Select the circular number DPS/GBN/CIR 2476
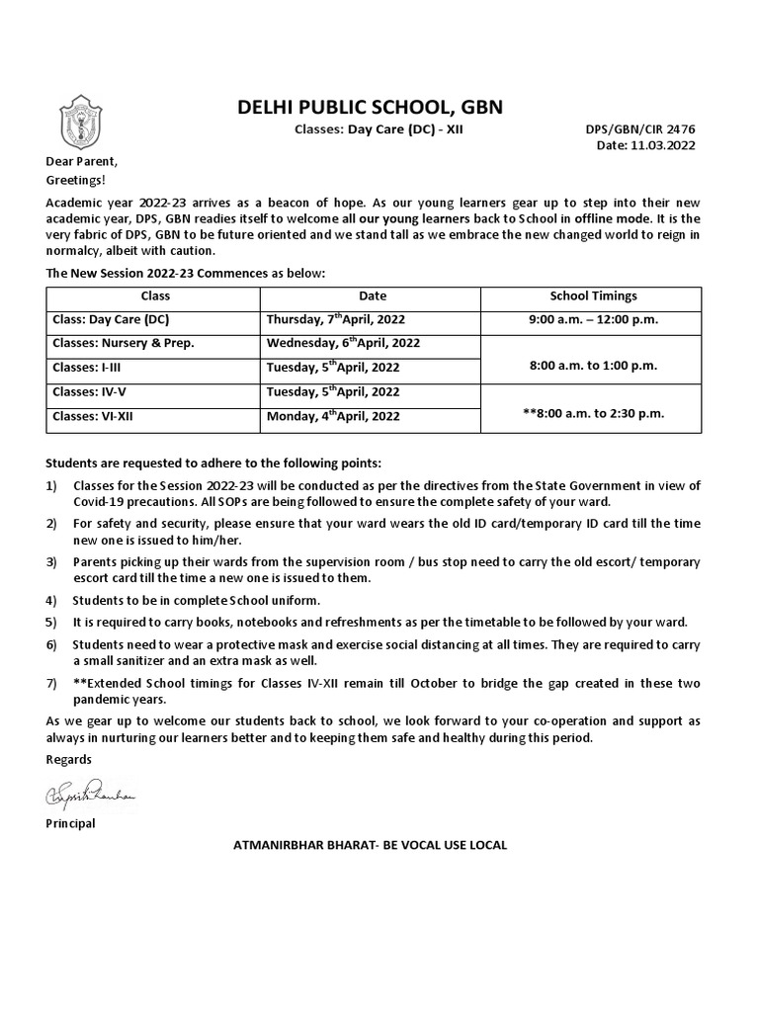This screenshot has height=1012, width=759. pos(640,129)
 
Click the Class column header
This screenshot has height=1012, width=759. pos(155,295)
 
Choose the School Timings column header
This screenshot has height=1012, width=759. pos(593,295)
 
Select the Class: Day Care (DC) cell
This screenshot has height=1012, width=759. pos(109,319)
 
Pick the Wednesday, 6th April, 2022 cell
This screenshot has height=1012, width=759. pos(343,343)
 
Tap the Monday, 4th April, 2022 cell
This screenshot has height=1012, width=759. pos(333,416)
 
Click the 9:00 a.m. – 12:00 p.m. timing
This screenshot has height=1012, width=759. pos(593,319)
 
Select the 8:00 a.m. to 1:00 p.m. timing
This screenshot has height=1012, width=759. pos(593,366)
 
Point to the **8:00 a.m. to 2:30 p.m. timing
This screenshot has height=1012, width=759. pos(593,413)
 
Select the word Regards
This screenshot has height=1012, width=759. pos(68,759)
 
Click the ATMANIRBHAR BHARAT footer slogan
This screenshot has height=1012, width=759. pos(369,845)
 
